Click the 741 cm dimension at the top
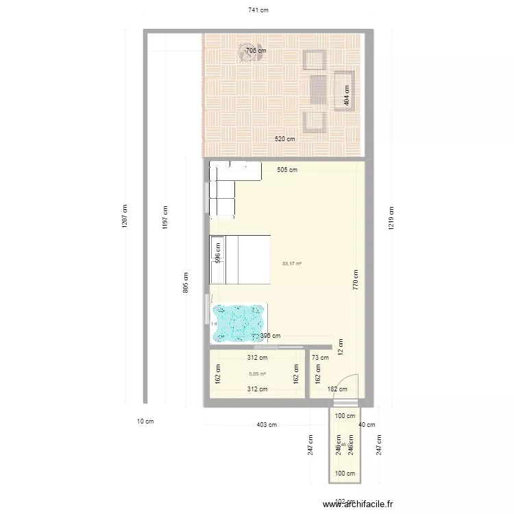click(x=258, y=10)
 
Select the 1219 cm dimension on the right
click(x=391, y=218)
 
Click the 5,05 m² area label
click(x=257, y=374)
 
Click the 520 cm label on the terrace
click(x=284, y=139)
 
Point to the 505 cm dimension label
click(x=287, y=170)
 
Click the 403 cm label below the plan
click(x=267, y=425)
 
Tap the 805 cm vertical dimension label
click(x=186, y=282)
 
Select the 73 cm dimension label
click(x=320, y=358)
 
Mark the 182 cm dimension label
click(x=336, y=389)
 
